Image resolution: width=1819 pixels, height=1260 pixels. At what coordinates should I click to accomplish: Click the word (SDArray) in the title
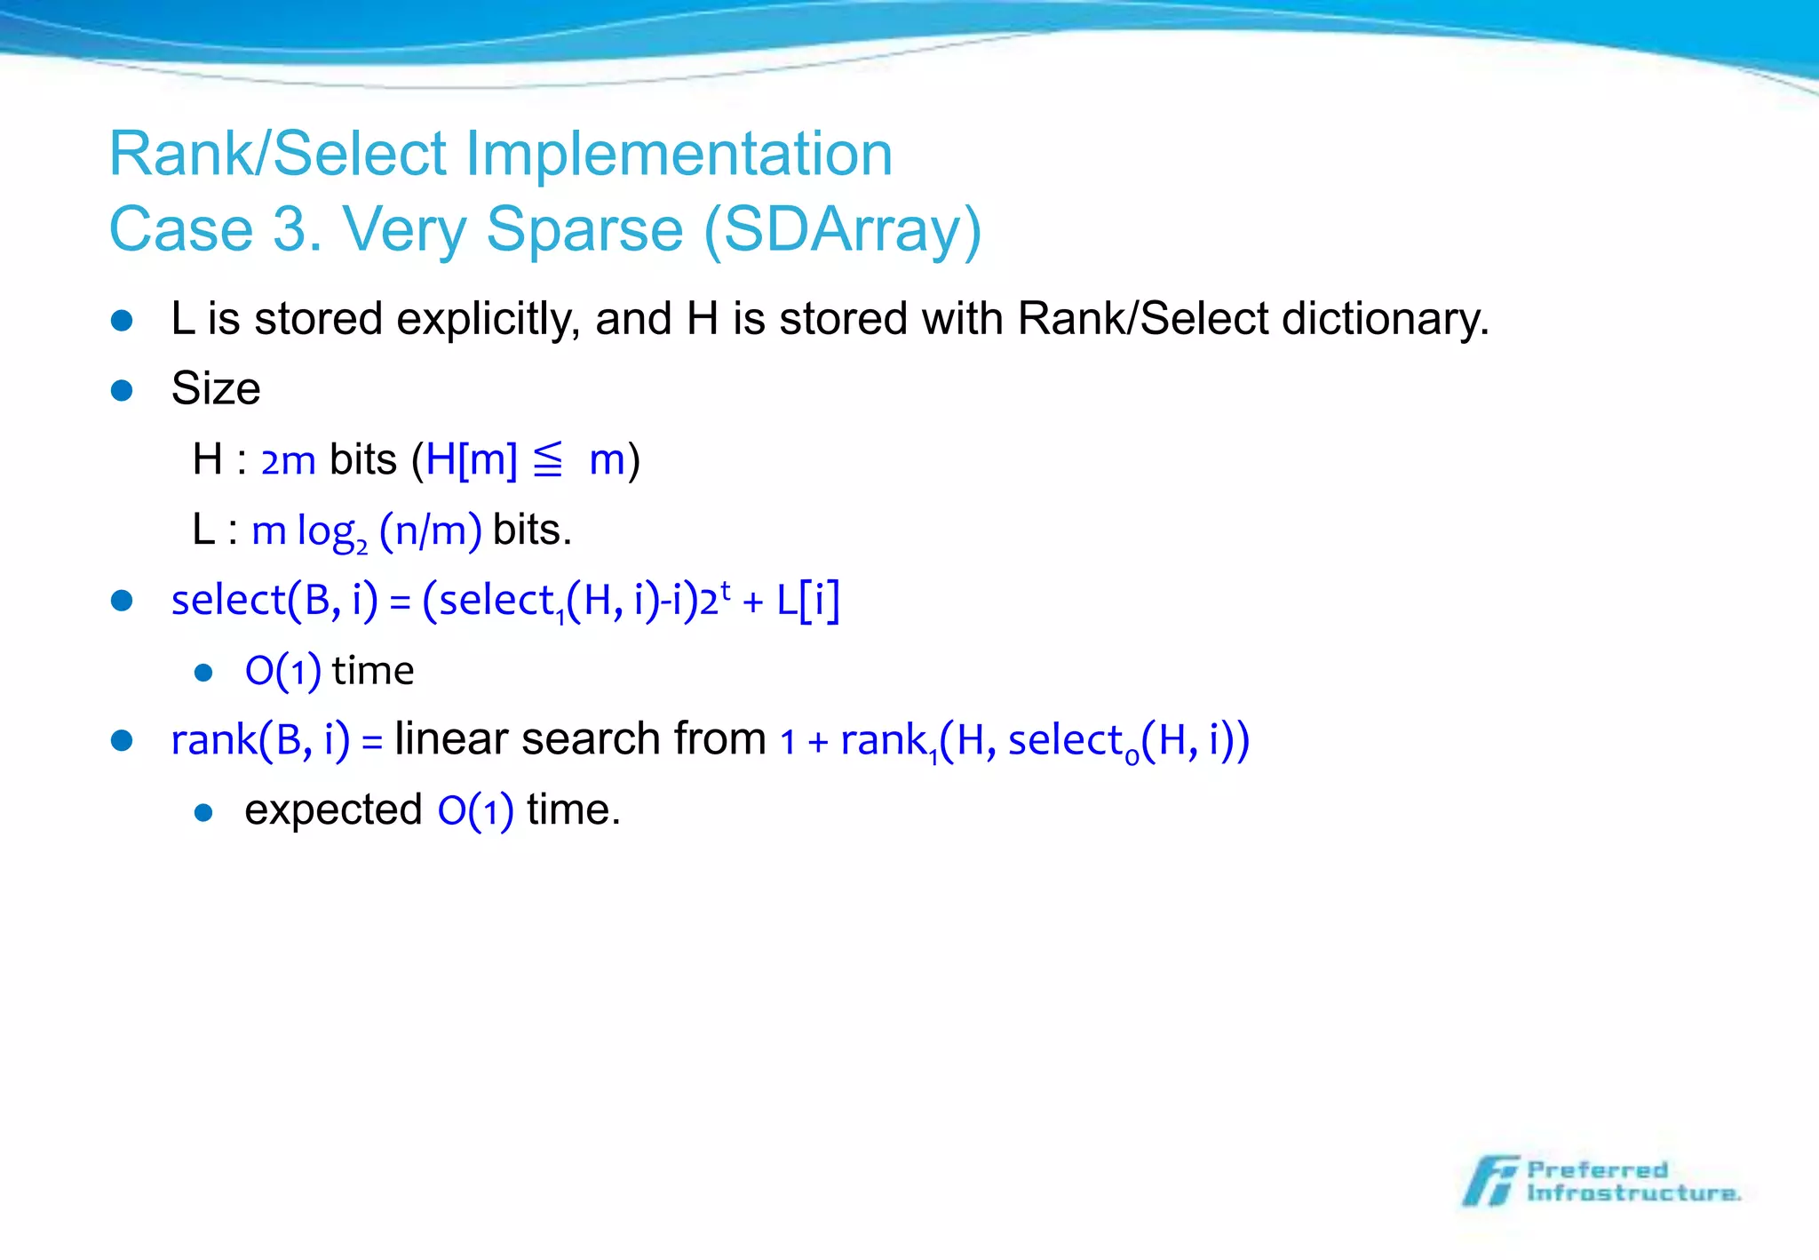tap(842, 229)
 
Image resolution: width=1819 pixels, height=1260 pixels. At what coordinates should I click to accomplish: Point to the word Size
tap(216, 389)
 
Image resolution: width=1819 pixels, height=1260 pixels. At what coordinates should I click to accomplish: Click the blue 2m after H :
tap(288, 461)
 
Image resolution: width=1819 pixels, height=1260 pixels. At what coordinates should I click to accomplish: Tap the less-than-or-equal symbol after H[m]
tap(548, 460)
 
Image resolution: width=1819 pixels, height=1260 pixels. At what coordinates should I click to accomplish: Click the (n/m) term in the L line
tap(431, 530)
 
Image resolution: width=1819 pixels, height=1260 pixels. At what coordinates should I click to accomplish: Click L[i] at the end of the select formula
tap(807, 601)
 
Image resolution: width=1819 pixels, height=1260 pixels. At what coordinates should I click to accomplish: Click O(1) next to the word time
tap(282, 671)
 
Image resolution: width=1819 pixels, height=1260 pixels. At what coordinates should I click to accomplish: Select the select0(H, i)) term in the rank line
tap(1128, 741)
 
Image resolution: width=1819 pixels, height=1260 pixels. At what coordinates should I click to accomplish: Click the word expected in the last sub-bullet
tap(333, 810)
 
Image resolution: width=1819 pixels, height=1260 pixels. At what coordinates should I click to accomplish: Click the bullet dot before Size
tap(122, 390)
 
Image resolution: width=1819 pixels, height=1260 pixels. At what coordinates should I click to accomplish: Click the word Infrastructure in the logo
tap(1632, 1193)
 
